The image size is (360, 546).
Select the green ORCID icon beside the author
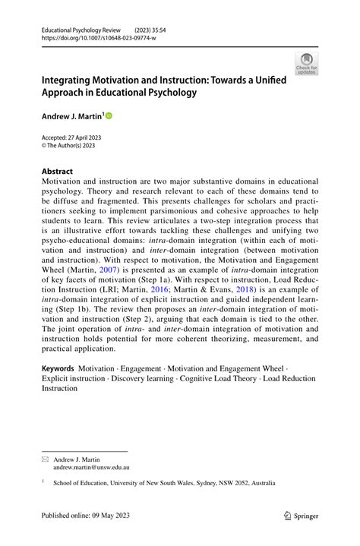(109, 115)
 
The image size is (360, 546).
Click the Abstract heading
(58, 172)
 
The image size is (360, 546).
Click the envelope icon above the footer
(46, 459)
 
